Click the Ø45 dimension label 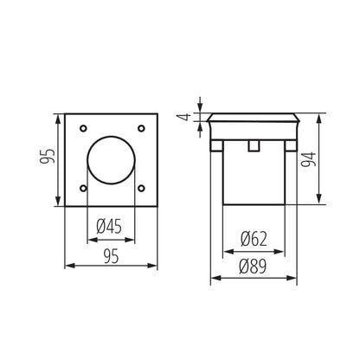(112, 226)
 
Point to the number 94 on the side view (331, 158)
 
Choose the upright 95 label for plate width (112, 256)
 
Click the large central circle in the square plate (112, 158)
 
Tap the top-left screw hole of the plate (83, 129)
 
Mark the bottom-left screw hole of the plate (83, 188)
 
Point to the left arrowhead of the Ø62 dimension (226, 249)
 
